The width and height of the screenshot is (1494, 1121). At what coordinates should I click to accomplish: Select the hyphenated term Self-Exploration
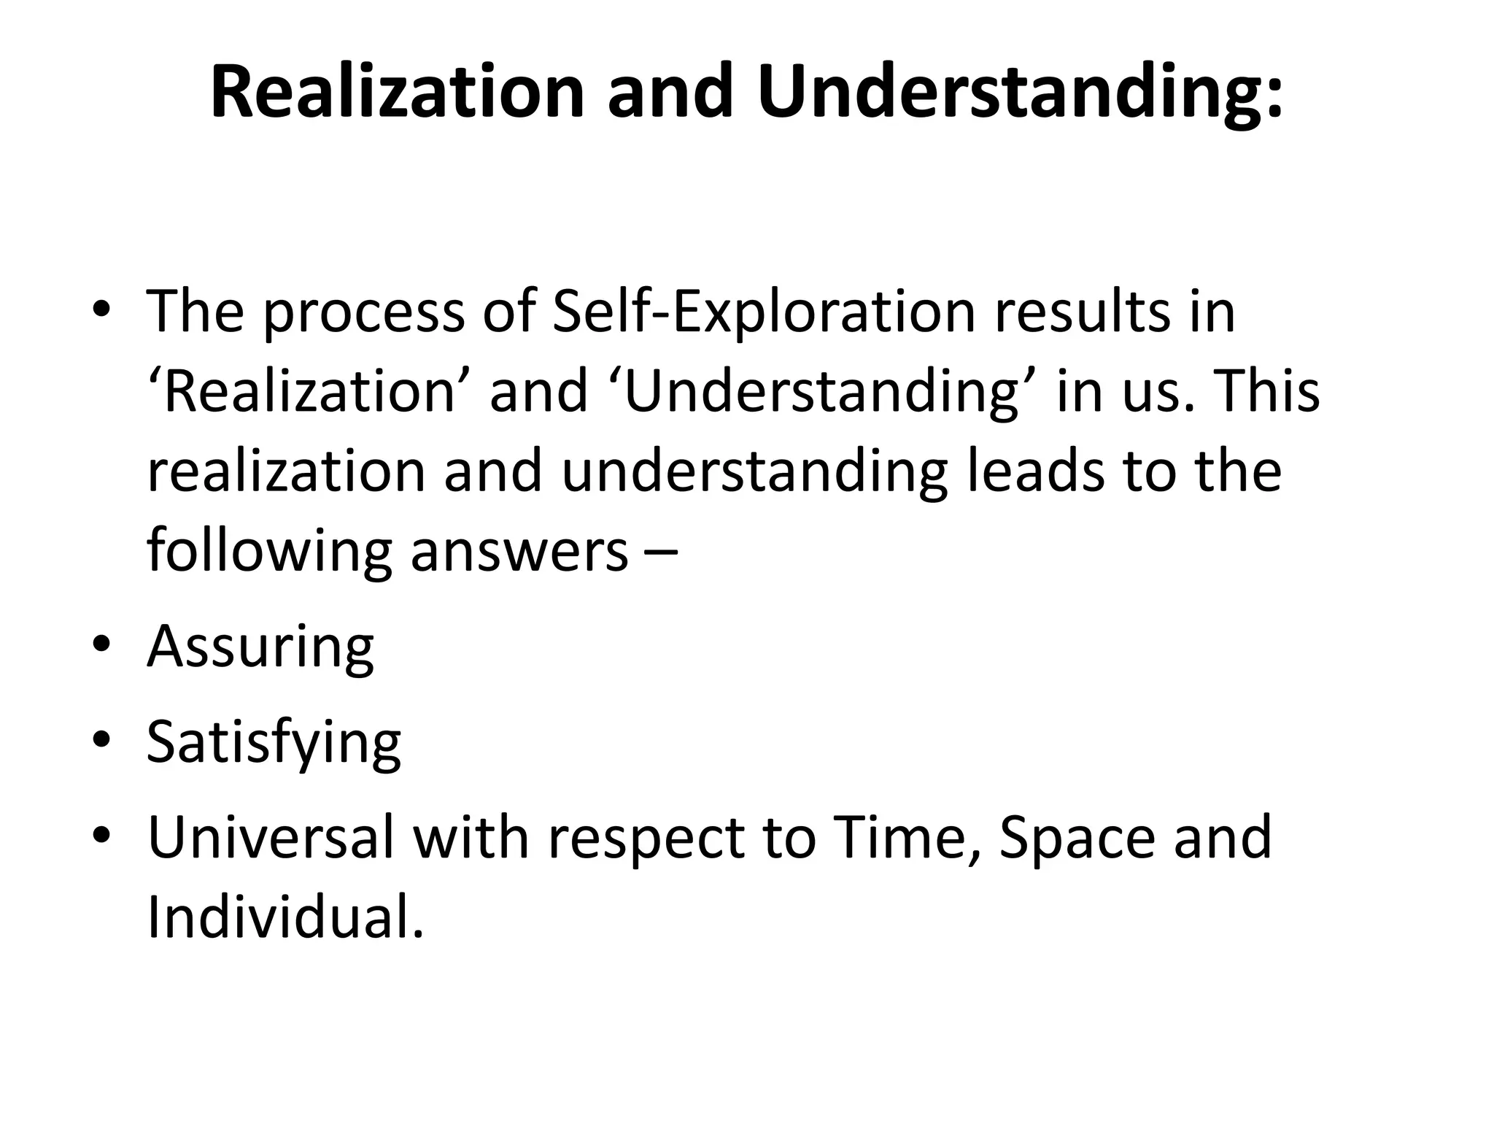pyautogui.click(x=764, y=312)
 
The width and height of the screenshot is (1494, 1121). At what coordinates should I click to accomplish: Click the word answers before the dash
pyautogui.click(x=519, y=552)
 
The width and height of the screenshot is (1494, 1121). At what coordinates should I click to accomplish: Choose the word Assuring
pyautogui.click(x=260, y=647)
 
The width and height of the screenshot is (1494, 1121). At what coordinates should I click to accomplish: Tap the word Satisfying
pyautogui.click(x=274, y=743)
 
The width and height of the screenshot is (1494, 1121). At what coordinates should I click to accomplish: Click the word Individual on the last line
pyautogui.click(x=285, y=917)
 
